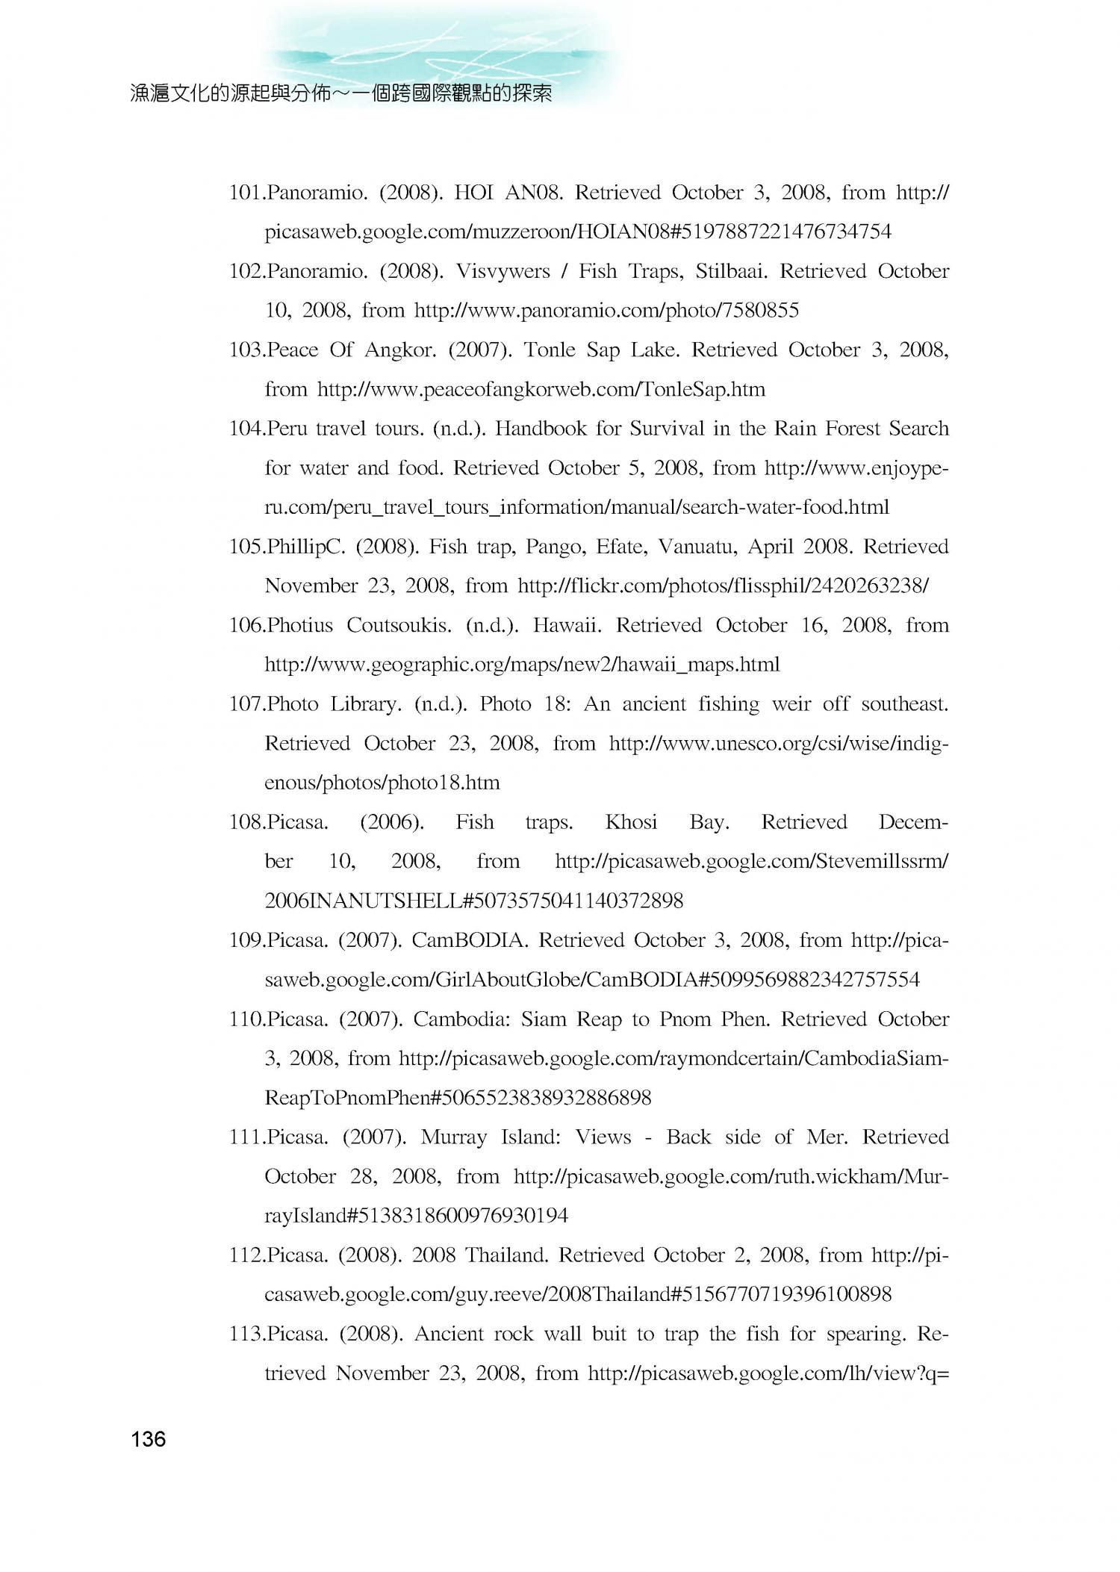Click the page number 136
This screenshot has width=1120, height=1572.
click(148, 1439)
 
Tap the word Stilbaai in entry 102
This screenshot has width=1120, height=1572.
click(732, 272)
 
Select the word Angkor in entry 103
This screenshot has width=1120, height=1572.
click(399, 350)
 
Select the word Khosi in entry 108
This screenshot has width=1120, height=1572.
click(631, 822)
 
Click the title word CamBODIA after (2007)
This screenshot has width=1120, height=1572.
click(470, 940)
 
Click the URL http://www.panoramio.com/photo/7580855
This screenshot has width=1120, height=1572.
click(606, 311)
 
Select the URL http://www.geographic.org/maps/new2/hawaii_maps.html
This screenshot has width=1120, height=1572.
click(522, 665)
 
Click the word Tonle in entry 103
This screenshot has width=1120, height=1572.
click(550, 350)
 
